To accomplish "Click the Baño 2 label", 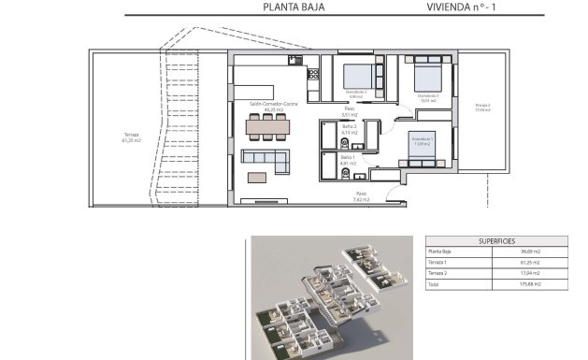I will click(x=350, y=128).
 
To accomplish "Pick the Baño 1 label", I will click(x=349, y=160).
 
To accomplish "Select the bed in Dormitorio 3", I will click(x=427, y=76).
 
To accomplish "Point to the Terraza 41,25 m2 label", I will click(x=131, y=137).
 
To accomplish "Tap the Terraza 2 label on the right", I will click(x=481, y=107).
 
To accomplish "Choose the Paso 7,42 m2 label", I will click(x=361, y=197).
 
